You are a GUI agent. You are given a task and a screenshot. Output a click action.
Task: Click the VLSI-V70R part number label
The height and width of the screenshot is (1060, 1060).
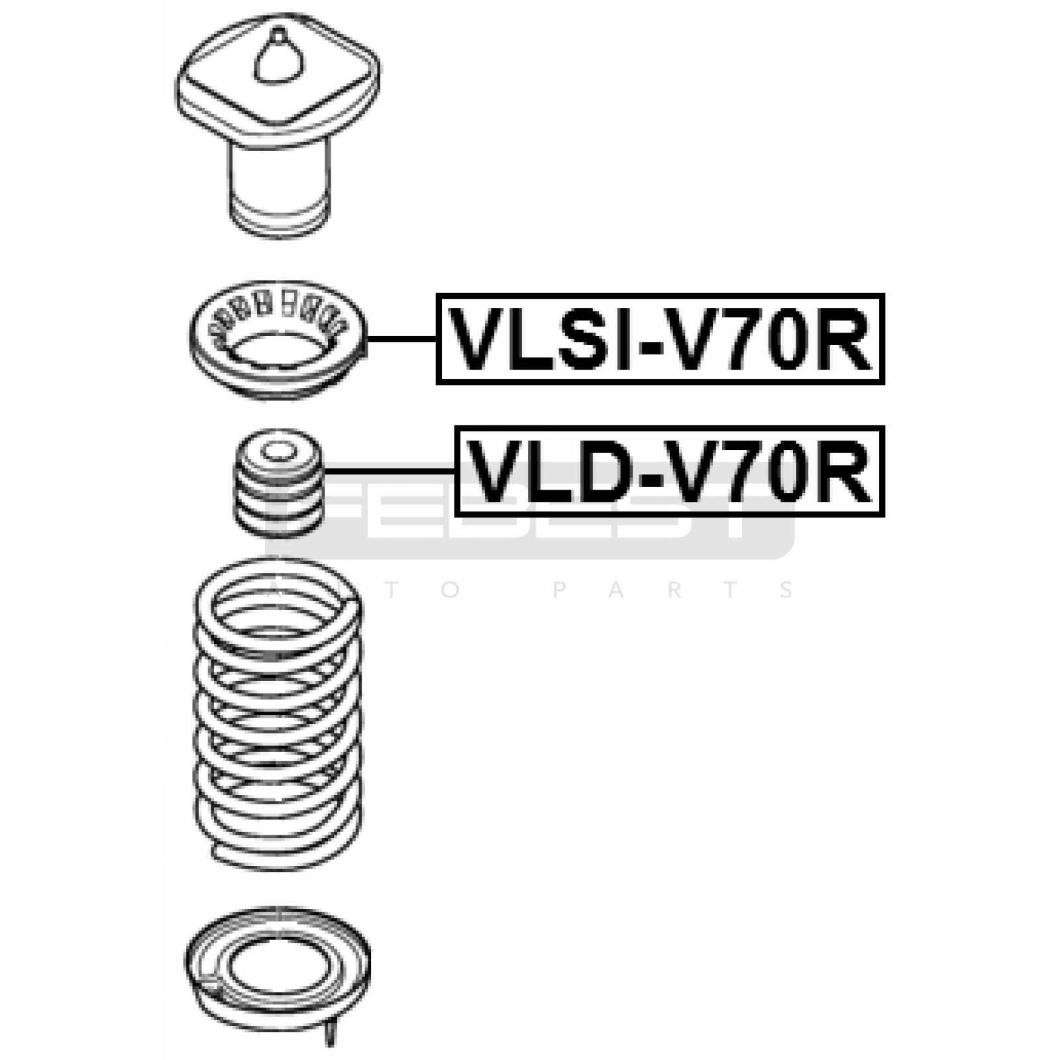pyautogui.click(x=660, y=339)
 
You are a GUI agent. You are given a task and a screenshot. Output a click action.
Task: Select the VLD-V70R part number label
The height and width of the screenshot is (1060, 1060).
pyautogui.click(x=669, y=472)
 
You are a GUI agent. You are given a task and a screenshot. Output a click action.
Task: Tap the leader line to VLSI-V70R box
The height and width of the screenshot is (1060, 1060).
pyautogui.click(x=401, y=339)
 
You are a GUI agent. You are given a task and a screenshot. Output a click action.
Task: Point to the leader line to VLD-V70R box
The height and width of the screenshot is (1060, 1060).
pyautogui.click(x=389, y=471)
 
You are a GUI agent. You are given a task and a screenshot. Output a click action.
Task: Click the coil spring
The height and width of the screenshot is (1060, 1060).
pyautogui.click(x=278, y=715)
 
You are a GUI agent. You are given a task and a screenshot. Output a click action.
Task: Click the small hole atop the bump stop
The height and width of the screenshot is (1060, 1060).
pyautogui.click(x=278, y=452)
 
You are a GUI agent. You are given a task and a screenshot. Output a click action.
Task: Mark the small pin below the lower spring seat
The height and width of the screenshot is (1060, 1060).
pyautogui.click(x=331, y=1033)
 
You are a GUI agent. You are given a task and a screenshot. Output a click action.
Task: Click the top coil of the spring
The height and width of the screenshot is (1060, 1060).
pyautogui.click(x=278, y=596)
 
